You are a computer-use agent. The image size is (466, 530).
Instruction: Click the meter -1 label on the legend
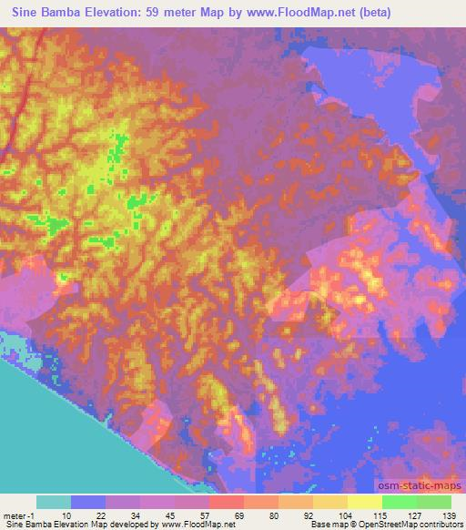pyautogui.click(x=19, y=515)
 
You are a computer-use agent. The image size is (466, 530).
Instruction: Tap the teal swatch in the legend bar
pyautogui.click(x=55, y=502)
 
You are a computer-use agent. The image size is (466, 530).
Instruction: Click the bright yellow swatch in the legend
pyautogui.click(x=364, y=502)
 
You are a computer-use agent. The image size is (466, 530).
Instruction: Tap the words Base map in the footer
pyautogui.click(x=318, y=525)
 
